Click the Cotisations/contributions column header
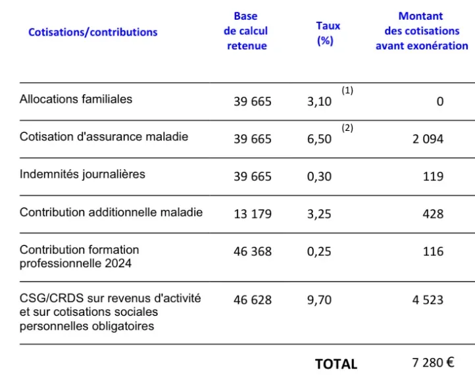point(93,32)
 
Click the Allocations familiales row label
point(76,99)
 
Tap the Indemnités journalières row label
point(82,174)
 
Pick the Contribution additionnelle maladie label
point(111,212)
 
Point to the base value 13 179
point(252,214)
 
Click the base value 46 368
point(252,251)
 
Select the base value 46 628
point(252,300)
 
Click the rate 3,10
point(319,102)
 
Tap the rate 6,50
point(319,139)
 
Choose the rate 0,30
point(319,176)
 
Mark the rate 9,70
point(319,300)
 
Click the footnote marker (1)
point(347,91)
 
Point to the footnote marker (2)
point(347,128)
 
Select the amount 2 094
point(428,139)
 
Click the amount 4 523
point(428,300)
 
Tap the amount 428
point(433,214)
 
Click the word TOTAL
point(336,364)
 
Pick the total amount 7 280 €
point(432,362)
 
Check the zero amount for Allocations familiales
point(439,102)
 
